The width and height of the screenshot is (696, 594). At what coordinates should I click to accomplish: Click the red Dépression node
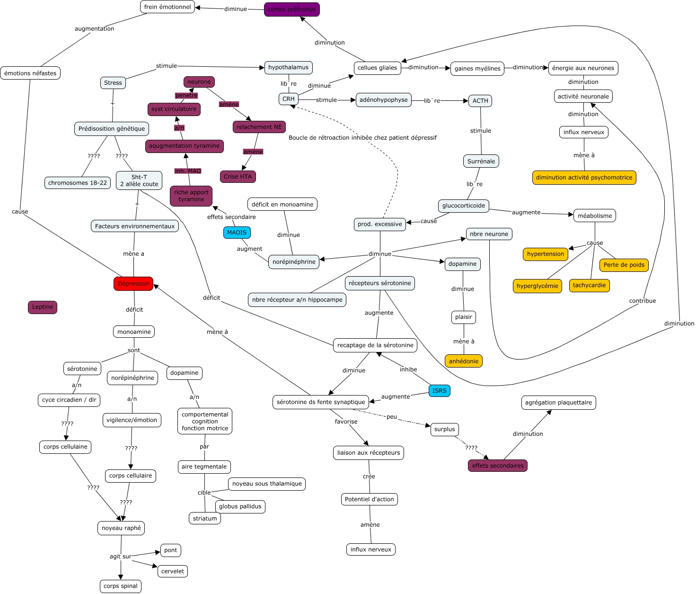click(x=133, y=284)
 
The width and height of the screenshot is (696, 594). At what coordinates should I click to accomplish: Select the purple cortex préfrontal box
click(x=291, y=9)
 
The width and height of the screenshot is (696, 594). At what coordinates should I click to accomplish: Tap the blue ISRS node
click(x=439, y=391)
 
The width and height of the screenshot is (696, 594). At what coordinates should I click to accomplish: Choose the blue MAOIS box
click(x=237, y=233)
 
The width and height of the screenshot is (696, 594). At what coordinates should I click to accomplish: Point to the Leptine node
click(x=43, y=307)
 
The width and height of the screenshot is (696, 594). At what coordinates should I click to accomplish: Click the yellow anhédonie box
click(x=464, y=361)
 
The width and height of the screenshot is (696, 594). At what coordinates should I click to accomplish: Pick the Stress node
click(x=113, y=83)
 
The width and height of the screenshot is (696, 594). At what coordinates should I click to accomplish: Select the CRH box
click(x=289, y=99)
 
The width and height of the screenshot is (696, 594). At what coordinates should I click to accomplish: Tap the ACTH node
click(x=480, y=101)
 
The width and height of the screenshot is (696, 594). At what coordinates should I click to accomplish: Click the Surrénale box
click(x=481, y=161)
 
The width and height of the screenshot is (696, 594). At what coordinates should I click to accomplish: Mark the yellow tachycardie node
click(x=589, y=285)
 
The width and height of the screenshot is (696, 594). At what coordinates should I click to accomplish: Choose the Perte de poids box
click(x=624, y=265)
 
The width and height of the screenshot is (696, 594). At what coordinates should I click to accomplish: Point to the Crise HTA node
click(x=238, y=177)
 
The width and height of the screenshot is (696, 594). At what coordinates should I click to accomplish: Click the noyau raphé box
click(x=121, y=528)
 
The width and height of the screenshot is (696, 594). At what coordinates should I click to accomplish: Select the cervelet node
click(x=173, y=571)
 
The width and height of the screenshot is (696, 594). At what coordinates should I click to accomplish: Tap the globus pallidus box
click(x=240, y=506)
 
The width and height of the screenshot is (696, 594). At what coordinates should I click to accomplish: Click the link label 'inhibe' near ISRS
click(x=408, y=369)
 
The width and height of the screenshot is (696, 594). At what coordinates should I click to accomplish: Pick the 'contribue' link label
click(x=643, y=301)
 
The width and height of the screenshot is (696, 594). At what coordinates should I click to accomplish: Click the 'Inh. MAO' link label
click(x=188, y=171)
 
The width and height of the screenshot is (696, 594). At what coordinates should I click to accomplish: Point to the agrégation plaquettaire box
click(x=558, y=403)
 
